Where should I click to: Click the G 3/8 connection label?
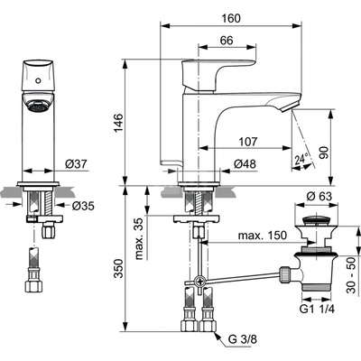243,338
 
